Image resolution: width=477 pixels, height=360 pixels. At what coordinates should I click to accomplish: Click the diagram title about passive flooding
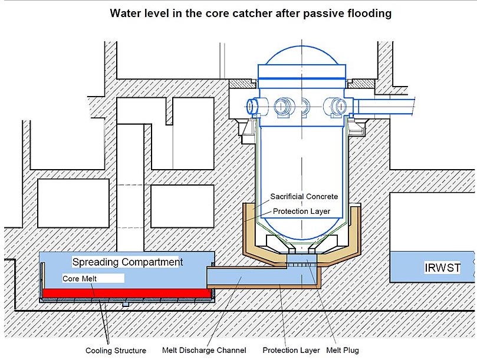pyautogui.click(x=251, y=14)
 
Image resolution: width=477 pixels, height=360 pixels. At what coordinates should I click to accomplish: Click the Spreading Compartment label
pyautogui.click(x=127, y=262)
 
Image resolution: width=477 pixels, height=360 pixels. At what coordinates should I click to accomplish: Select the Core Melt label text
pyautogui.click(x=81, y=278)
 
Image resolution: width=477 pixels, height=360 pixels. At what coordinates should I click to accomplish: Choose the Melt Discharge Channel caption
pyautogui.click(x=204, y=351)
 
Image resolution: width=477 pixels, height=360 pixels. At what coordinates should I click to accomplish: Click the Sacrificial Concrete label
pyautogui.click(x=304, y=196)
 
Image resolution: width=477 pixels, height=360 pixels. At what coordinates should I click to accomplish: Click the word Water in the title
pyautogui.click(x=124, y=14)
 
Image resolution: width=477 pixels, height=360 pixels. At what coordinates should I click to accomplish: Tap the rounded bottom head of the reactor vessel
pyautogui.click(x=302, y=227)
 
